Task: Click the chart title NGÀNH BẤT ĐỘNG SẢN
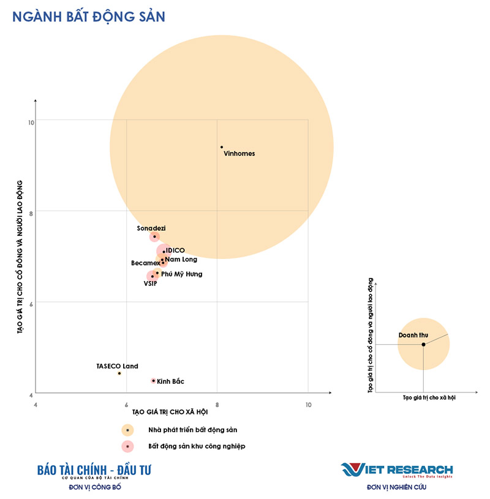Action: (88, 17)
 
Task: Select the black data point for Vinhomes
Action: (222, 147)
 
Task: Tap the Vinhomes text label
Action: (239, 154)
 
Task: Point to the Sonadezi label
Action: (151, 228)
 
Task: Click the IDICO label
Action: (175, 250)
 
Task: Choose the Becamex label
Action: (145, 263)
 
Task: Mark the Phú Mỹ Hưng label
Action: (181, 274)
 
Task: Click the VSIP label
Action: (150, 283)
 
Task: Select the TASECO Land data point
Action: (119, 373)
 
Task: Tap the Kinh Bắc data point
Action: (153, 381)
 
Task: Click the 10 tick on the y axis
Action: (31, 121)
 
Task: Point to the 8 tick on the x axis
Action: (217, 405)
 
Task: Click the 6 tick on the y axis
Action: (31, 302)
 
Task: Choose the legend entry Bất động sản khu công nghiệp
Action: (197, 446)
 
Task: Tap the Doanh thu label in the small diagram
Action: (413, 336)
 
